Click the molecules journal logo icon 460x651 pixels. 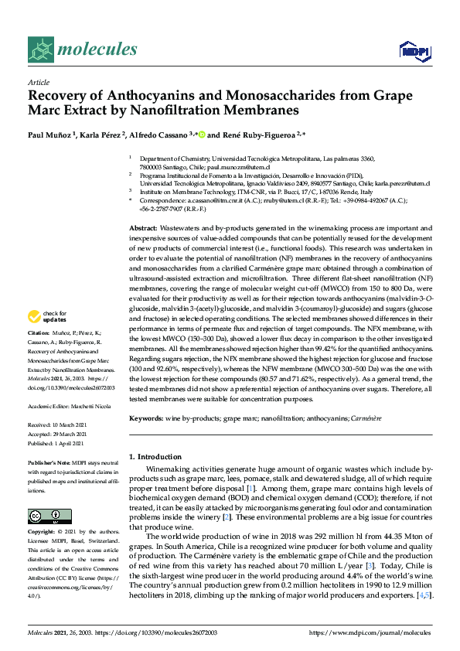point(40,50)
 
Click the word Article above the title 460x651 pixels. point(38,81)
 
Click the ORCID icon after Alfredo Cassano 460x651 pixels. point(203,132)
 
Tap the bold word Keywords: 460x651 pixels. point(145,418)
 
